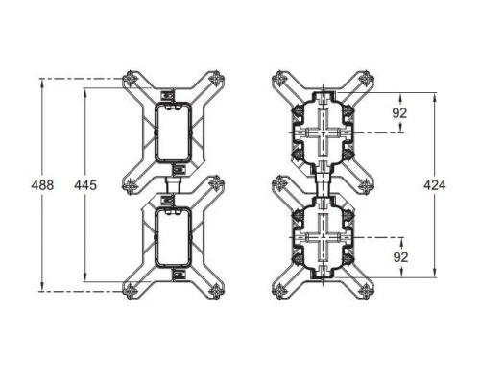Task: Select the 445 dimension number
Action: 85,184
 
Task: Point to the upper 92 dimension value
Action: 399,112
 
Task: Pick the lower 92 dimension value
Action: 399,256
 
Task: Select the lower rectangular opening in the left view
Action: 173,235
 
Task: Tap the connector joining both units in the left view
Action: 174,182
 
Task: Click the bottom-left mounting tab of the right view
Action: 278,289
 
